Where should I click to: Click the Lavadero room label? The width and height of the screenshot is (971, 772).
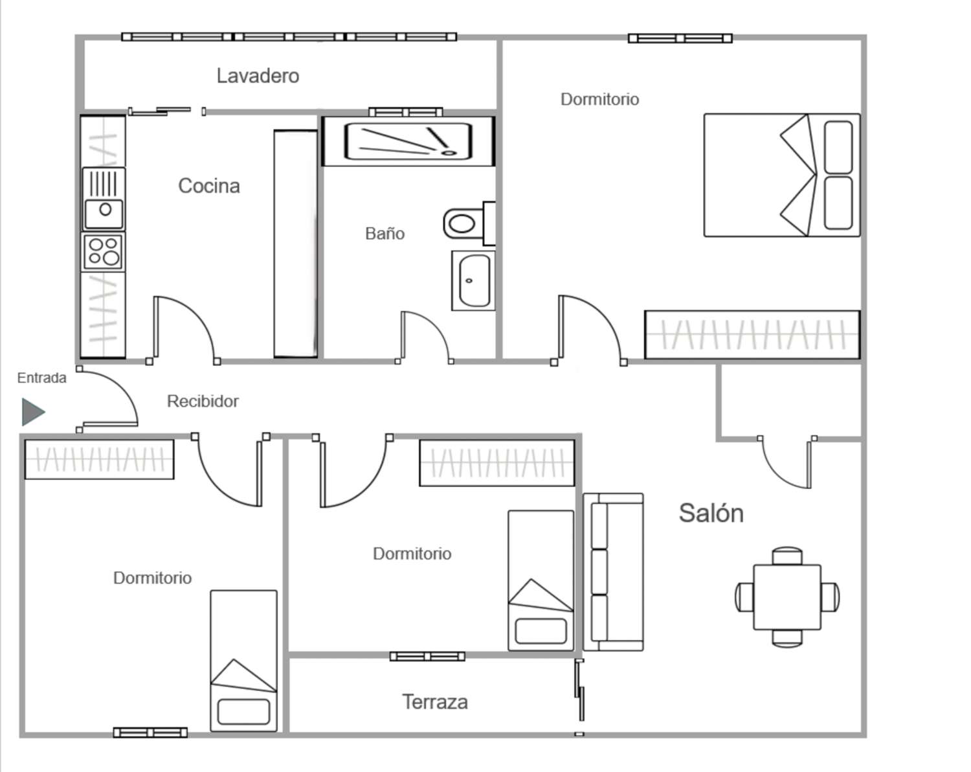[258, 76]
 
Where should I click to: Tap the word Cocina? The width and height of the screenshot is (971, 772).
[209, 185]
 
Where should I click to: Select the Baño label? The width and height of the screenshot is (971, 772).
[385, 233]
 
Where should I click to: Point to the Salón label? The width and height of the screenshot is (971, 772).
[711, 514]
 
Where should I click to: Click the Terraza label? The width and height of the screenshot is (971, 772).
[435, 702]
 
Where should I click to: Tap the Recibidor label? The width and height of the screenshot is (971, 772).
[203, 401]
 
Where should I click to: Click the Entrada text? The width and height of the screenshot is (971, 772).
[41, 378]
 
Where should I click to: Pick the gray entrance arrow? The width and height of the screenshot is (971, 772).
[33, 412]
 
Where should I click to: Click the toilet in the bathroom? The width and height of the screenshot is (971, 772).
[469, 223]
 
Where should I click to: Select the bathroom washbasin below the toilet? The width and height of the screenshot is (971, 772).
[473, 281]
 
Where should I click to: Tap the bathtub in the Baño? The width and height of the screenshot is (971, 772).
[408, 141]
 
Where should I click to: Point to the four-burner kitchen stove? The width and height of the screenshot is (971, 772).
[104, 251]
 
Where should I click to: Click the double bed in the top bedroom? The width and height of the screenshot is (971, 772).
[782, 175]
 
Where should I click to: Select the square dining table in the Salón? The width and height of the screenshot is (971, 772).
[787, 597]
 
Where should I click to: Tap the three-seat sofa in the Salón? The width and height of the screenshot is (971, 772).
[613, 572]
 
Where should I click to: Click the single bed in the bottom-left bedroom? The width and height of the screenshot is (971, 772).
[243, 661]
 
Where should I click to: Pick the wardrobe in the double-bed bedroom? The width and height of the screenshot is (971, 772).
[752, 335]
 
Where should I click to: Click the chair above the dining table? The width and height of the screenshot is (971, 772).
[787, 556]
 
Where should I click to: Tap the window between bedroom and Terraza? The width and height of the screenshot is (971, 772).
[427, 657]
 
